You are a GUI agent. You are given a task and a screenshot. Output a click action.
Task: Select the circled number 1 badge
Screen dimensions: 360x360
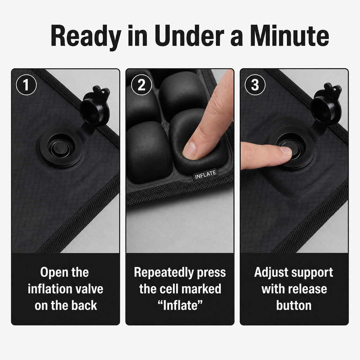(26, 85)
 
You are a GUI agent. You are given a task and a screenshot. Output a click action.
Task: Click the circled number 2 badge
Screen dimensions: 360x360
(141, 85)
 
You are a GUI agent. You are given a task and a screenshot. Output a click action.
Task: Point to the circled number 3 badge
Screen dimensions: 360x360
(255, 85)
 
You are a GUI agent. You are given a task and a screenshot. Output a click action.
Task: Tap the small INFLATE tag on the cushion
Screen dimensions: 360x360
(205, 175)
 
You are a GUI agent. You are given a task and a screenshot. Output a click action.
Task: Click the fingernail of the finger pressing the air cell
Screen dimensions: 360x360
(189, 150)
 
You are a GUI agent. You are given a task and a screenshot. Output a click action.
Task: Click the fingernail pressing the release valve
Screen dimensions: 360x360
(287, 151)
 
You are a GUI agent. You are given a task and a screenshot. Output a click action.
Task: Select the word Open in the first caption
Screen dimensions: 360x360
(54, 272)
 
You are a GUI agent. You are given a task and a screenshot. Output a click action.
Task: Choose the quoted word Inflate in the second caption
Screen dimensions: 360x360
(180, 306)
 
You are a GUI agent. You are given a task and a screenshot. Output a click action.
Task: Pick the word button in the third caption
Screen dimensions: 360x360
(294, 306)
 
